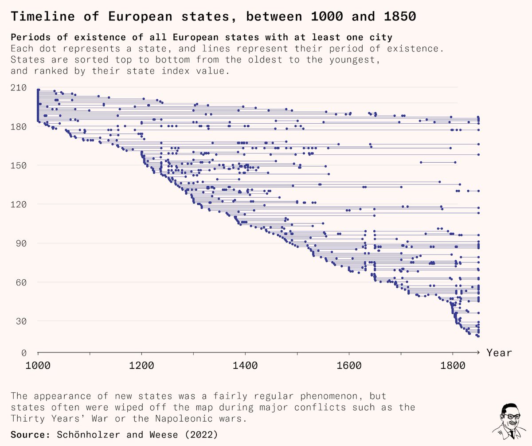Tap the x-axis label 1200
(x=141, y=367)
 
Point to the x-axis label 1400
(x=245, y=367)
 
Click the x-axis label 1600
(x=349, y=367)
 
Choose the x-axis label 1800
(x=453, y=367)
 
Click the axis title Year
(x=499, y=353)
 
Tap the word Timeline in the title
(x=40, y=16)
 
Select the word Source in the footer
(x=29, y=434)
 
